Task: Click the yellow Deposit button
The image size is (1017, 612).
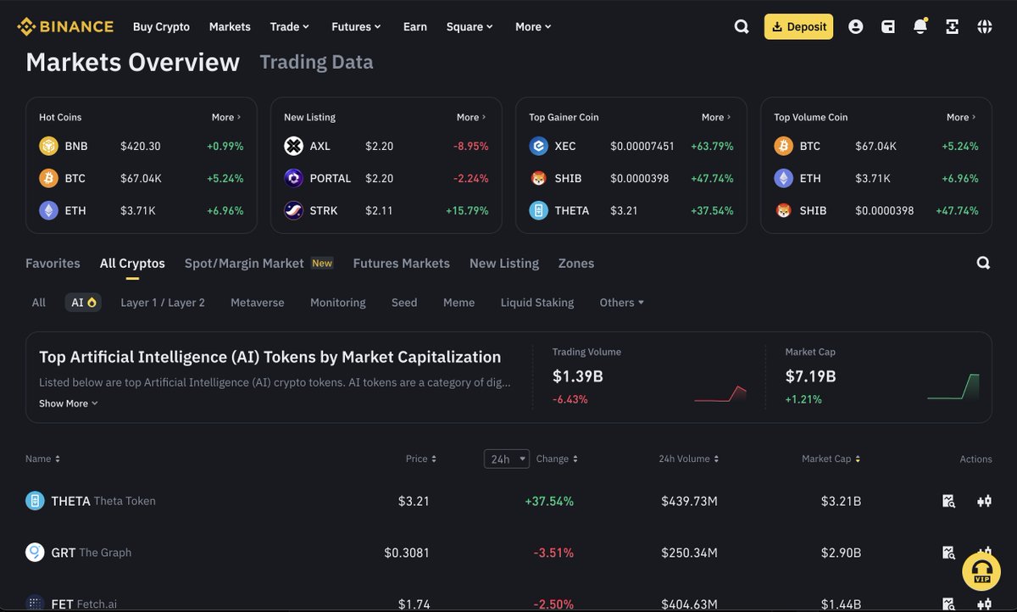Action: [x=798, y=26]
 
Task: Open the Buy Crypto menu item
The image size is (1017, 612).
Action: [x=161, y=26]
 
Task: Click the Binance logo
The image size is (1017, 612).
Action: [x=65, y=26]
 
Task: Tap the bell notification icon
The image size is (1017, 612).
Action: [x=920, y=26]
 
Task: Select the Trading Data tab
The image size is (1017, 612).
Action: [x=316, y=62]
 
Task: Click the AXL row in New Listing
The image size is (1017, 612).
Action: [x=386, y=146]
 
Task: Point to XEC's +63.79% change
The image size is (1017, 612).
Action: [x=712, y=146]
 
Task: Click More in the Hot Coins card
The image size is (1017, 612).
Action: [x=226, y=117]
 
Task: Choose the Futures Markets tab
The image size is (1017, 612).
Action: [x=401, y=263]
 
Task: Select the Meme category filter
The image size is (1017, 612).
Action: [x=458, y=303]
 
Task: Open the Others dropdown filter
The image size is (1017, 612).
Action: [x=621, y=303]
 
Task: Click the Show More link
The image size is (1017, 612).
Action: [x=68, y=403]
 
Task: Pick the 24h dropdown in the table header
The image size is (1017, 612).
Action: [x=506, y=459]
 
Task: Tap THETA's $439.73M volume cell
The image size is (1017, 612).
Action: [x=689, y=501]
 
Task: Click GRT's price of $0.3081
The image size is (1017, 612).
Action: [x=407, y=553]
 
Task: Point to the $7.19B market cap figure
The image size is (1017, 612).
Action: [x=810, y=376]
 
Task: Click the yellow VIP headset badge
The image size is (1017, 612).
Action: [x=981, y=570]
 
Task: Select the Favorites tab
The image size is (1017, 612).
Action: [x=53, y=263]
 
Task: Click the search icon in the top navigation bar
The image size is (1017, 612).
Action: [x=742, y=26]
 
